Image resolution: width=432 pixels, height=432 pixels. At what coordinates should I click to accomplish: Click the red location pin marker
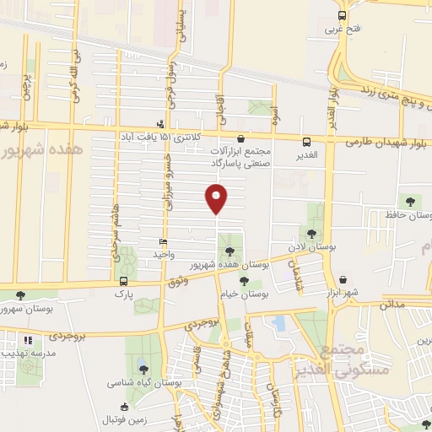216,198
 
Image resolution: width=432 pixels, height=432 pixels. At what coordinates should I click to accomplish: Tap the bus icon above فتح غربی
342,15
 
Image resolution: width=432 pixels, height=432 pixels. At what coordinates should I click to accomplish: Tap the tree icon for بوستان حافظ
411,201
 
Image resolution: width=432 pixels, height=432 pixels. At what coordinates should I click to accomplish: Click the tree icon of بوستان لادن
312,234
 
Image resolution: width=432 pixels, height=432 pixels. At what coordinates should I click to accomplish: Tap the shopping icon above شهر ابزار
343,279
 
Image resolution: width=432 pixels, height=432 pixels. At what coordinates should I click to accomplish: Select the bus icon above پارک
124,281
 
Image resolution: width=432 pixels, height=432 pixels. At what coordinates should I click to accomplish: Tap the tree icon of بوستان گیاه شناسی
141,369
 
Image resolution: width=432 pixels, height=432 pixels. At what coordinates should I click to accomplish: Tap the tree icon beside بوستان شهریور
20,295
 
